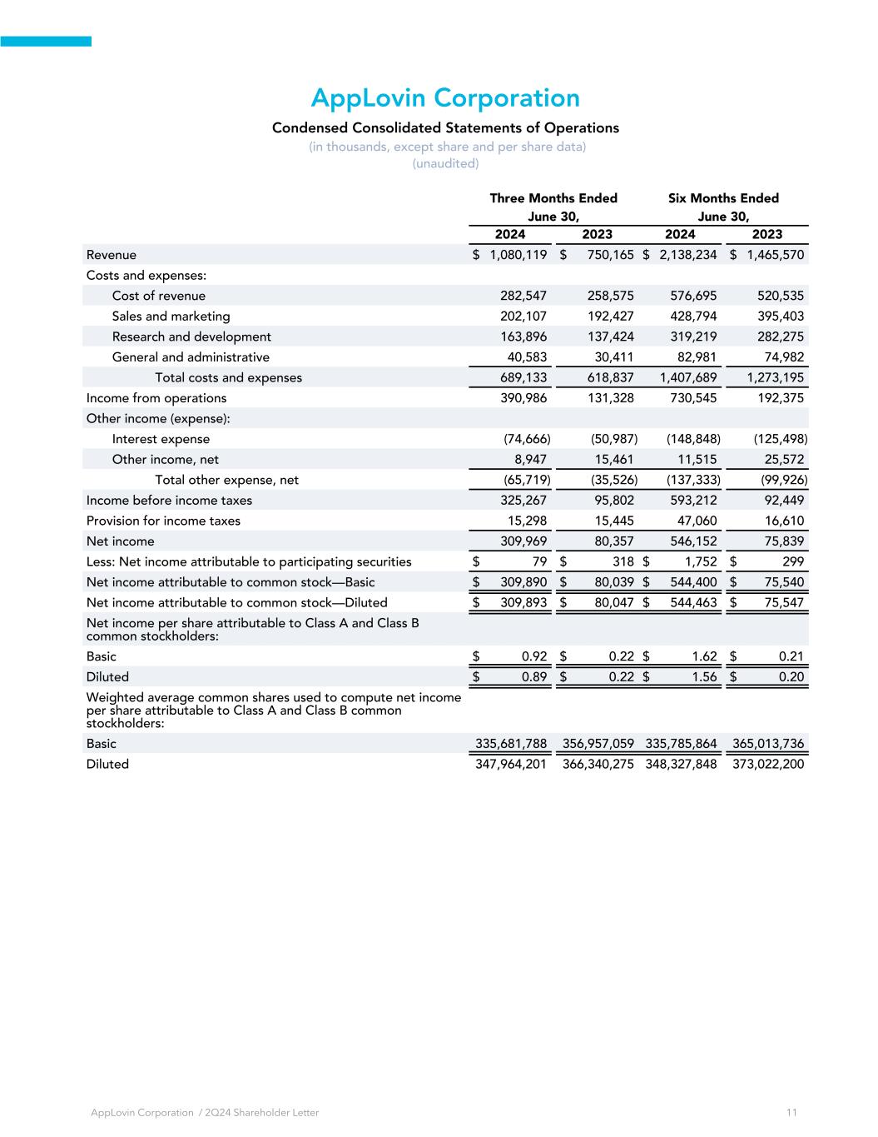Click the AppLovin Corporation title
point(445,98)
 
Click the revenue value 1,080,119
point(518,255)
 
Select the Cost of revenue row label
point(158,296)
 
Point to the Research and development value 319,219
point(693,337)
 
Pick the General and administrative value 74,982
point(781,357)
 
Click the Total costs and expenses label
point(228,377)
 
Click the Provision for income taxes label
point(163,521)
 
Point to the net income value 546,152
point(693,541)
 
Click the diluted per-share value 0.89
point(533,677)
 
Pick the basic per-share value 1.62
point(704,656)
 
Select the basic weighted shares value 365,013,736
point(768,744)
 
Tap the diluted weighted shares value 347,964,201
point(510,764)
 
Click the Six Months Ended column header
point(723,198)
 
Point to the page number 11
point(791,1113)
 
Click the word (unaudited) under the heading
point(445,163)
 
